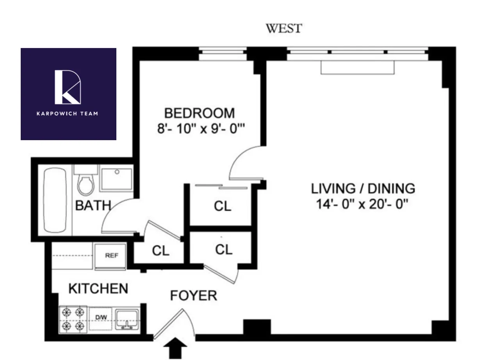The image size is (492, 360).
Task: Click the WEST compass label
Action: (x=284, y=29)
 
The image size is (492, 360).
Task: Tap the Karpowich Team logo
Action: (x=68, y=94)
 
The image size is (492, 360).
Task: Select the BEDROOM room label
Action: (x=200, y=113)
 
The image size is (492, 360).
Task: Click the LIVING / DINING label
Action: (x=363, y=189)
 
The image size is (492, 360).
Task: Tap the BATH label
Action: (x=93, y=205)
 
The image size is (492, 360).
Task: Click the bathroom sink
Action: (x=116, y=178)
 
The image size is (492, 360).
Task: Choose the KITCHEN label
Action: (x=98, y=289)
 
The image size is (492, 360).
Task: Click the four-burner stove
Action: (x=73, y=319)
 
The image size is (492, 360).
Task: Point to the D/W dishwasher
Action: (x=101, y=318)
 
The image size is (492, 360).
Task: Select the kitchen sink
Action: (x=127, y=318)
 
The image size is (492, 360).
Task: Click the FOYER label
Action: (x=193, y=296)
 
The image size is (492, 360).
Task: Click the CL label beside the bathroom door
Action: (x=160, y=251)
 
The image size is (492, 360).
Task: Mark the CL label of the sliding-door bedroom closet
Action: (x=223, y=206)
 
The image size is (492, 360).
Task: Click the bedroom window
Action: (x=223, y=54)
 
